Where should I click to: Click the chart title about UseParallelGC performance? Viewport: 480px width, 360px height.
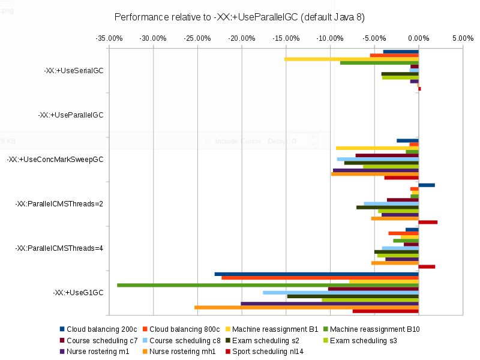pos(239,16)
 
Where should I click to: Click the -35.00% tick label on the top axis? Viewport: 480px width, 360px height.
pos(109,38)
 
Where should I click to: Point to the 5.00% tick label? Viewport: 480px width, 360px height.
pos(463,38)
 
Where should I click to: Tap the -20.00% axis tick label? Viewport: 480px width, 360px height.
pos(242,38)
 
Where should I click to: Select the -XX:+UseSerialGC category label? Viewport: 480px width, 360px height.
pos(74,70)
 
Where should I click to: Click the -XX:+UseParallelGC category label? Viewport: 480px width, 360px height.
pos(71,115)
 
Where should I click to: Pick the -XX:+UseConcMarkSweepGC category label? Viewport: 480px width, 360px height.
pos(55,160)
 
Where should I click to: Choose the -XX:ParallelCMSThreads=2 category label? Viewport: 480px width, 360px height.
pos(59,204)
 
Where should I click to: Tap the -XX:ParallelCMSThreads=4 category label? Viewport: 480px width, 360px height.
pos(59,248)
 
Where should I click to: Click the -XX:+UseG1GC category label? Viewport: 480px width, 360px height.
pos(78,293)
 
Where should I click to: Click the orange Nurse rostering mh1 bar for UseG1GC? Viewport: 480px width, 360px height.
pos(306,307)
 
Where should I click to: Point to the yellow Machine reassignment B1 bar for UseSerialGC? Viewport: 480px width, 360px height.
pos(351,59)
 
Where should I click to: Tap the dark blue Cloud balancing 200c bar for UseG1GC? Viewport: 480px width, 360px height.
pos(316,274)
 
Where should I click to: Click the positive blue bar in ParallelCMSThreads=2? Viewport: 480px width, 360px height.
pos(427,185)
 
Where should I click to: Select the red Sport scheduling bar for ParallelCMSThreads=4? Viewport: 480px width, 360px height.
pos(427,266)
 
